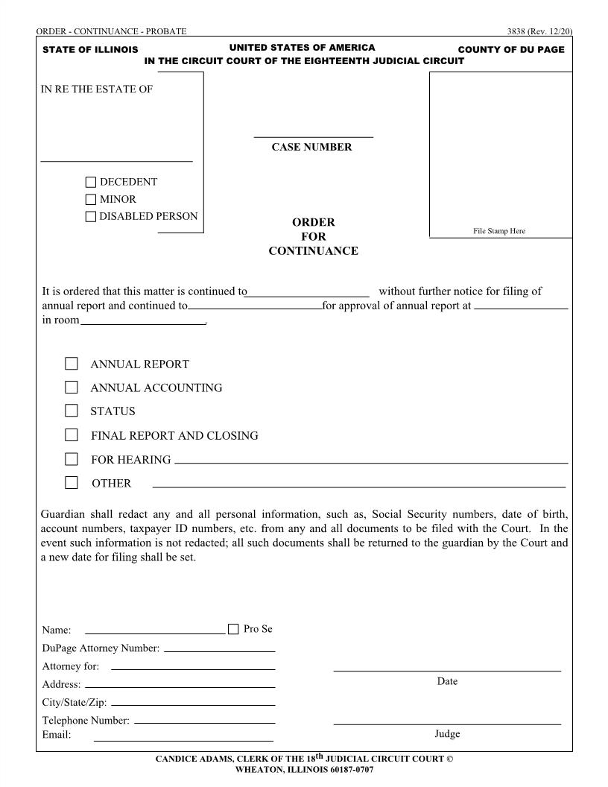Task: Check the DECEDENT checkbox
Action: pos(91,182)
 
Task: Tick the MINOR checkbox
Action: pos(91,200)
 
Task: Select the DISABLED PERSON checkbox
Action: pos(91,217)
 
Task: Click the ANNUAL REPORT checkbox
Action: pos(72,364)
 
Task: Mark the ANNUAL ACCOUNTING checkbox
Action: pos(72,388)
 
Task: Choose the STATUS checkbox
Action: pos(72,411)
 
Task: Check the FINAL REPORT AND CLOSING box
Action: pos(72,435)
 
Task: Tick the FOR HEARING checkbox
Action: pos(72,459)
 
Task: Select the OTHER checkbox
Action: pos(72,482)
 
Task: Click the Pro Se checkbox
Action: pos(233,629)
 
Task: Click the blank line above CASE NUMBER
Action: pos(313,136)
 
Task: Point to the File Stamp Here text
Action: pos(499,231)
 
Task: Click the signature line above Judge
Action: pos(447,723)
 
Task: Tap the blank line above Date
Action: pos(447,670)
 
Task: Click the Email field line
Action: pos(183,740)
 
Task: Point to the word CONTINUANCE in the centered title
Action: pos(313,251)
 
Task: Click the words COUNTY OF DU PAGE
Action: pos(511,49)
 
